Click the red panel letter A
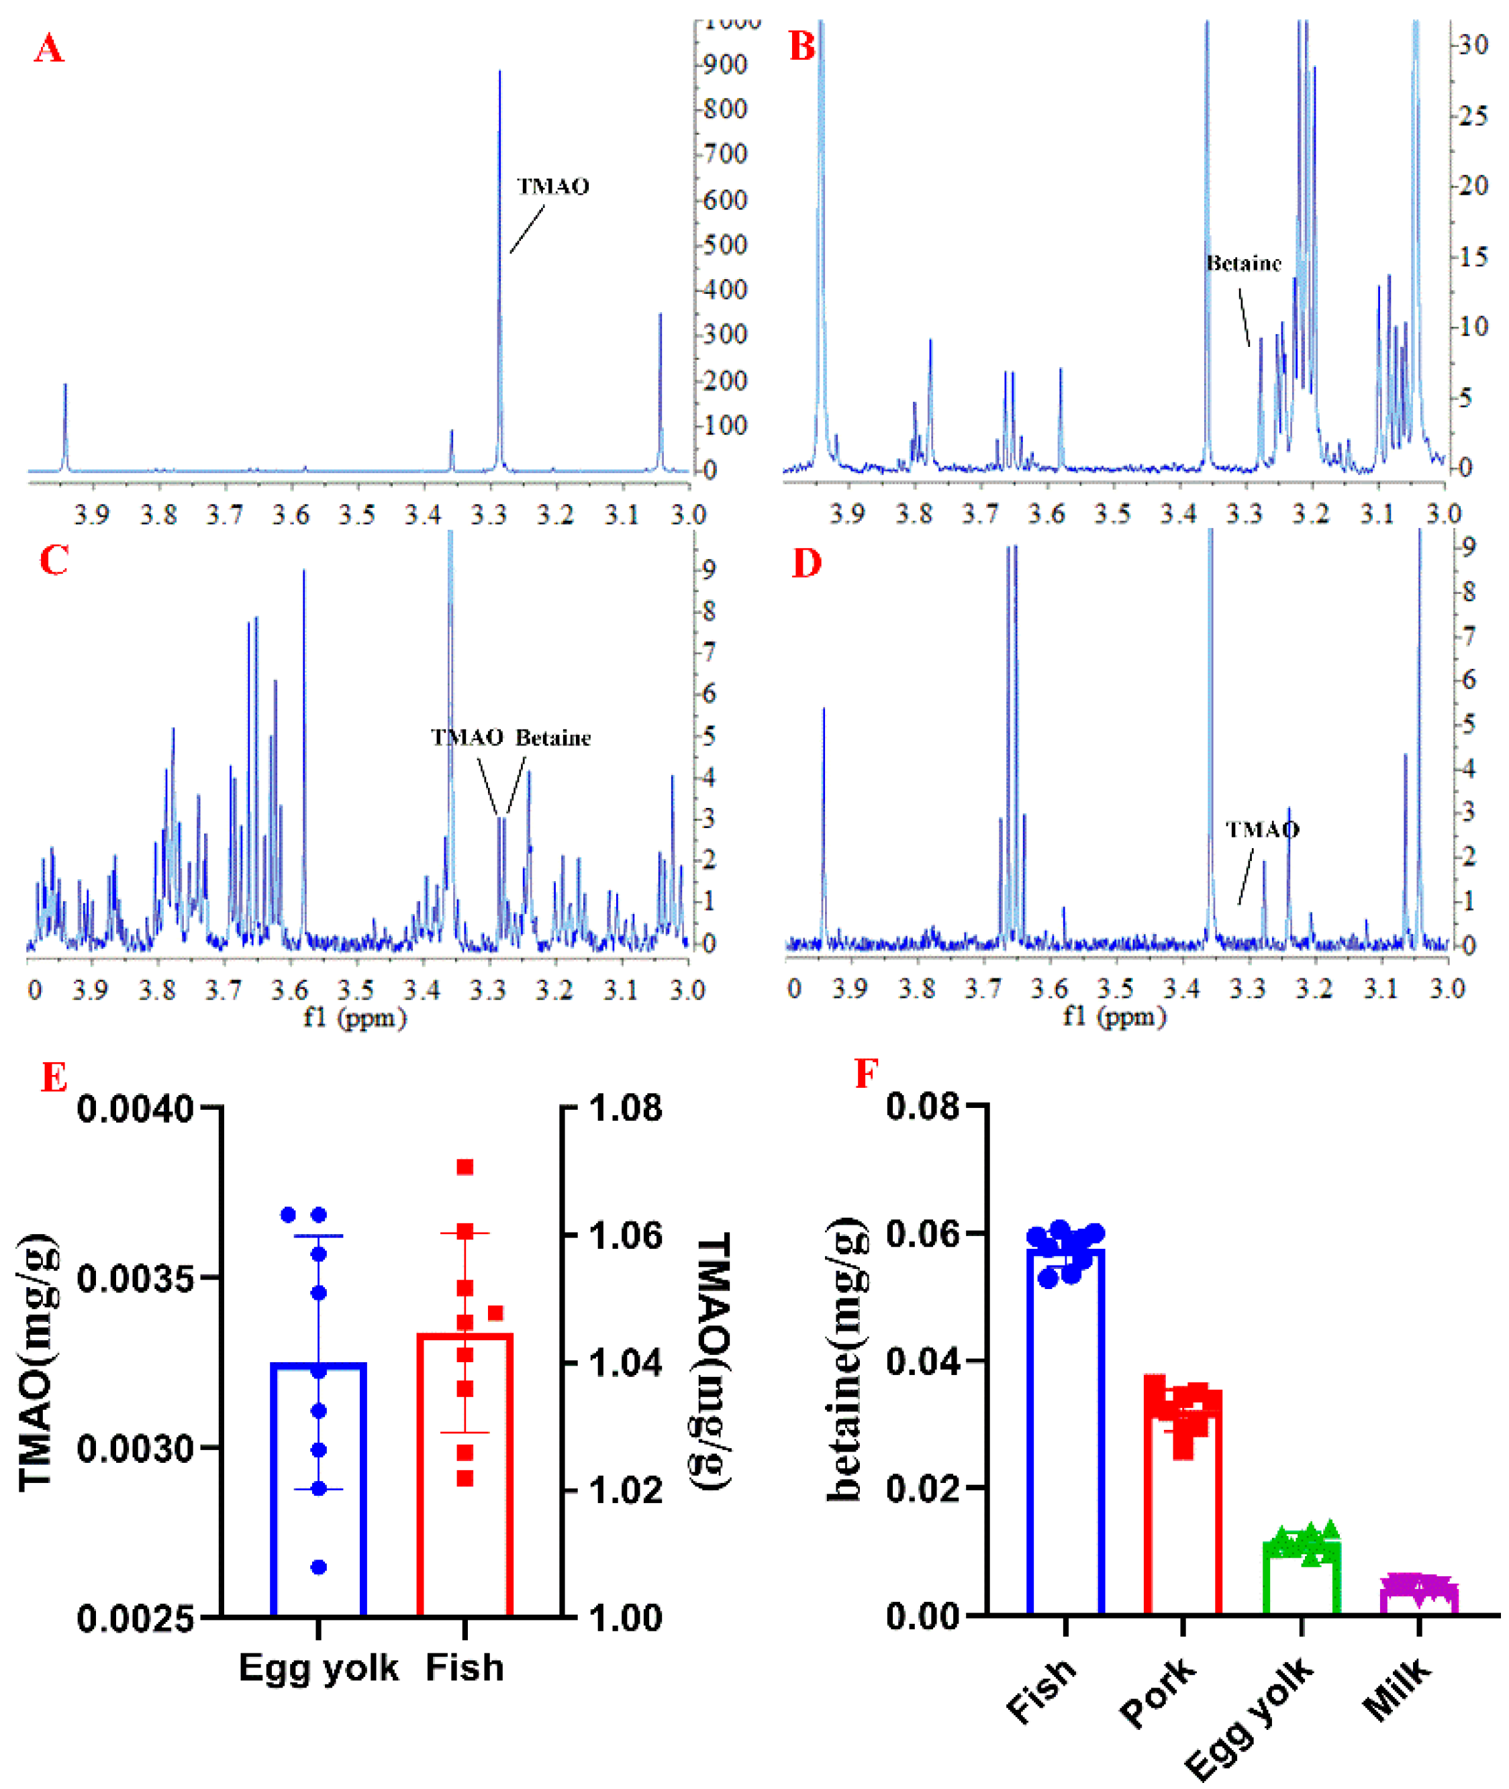(49, 49)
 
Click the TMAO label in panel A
(552, 187)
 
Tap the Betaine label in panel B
(1243, 264)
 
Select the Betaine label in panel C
(552, 738)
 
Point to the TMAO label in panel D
(1262, 829)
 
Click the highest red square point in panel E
(465, 1168)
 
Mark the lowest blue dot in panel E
(318, 1568)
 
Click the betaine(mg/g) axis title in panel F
(844, 1360)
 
